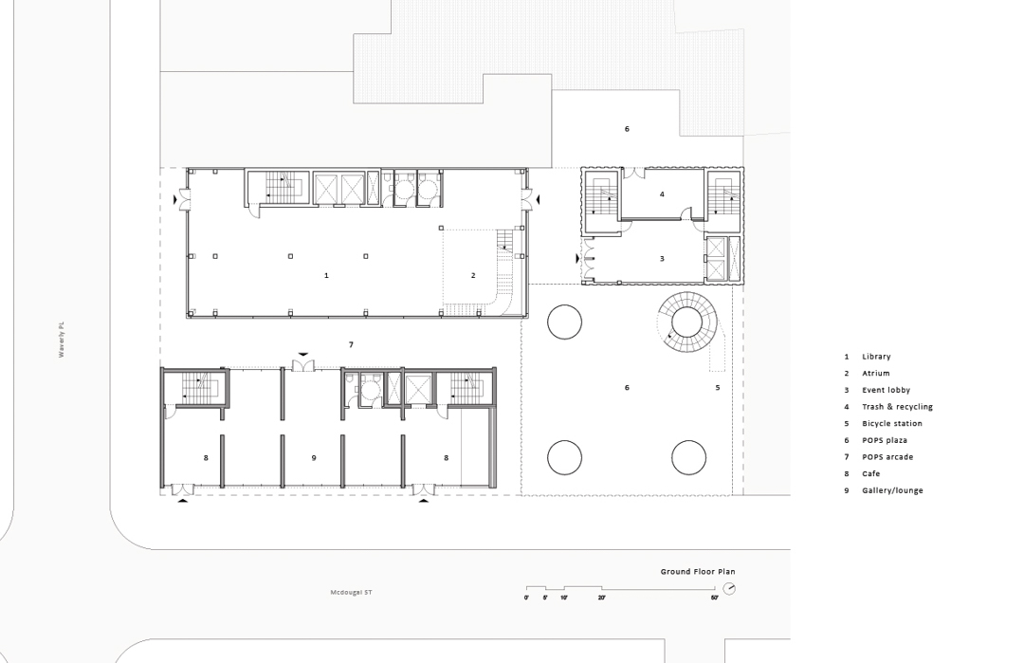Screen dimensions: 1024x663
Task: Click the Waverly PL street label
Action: point(62,340)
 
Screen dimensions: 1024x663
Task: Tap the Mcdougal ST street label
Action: point(352,593)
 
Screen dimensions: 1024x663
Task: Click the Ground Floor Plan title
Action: point(698,572)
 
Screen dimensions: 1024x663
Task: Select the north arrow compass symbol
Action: point(729,588)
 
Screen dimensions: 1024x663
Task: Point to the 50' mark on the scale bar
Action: point(715,598)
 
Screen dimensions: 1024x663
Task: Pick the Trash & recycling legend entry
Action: point(888,407)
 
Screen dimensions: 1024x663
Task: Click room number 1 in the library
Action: point(326,276)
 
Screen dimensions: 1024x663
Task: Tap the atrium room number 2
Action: point(473,276)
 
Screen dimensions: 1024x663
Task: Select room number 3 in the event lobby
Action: point(662,259)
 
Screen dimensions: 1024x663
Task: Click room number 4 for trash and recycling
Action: point(662,194)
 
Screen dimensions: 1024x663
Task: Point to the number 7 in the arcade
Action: point(352,345)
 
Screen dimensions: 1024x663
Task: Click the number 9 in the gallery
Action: point(314,458)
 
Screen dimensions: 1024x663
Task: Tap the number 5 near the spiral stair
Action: point(717,387)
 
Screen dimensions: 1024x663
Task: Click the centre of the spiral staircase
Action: point(686,323)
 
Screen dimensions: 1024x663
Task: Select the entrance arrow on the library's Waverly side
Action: point(175,200)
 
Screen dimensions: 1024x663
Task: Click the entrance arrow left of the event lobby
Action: point(577,259)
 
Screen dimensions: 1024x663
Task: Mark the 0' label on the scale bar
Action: point(526,598)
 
